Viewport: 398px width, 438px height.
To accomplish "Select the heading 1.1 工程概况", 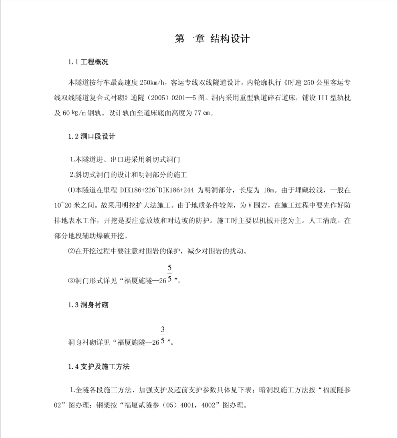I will (88, 63).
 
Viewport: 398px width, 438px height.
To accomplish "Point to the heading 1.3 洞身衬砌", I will (88, 304).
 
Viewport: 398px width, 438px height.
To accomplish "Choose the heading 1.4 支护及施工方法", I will (99, 367).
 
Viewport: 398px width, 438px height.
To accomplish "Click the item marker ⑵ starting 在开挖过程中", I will (71, 251).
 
